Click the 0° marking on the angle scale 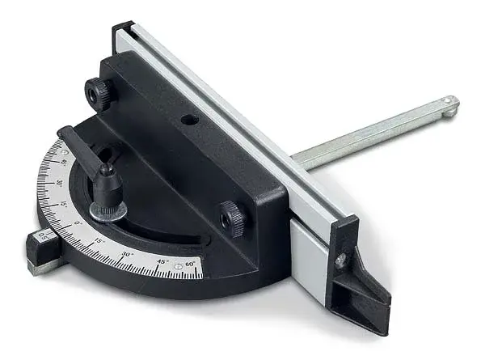(x=78, y=222)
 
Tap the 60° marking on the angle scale (x=190, y=264)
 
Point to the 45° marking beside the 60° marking (x=162, y=262)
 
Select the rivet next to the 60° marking (x=178, y=266)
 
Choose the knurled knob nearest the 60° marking (x=232, y=217)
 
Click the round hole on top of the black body (x=191, y=119)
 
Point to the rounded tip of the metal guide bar (x=449, y=104)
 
